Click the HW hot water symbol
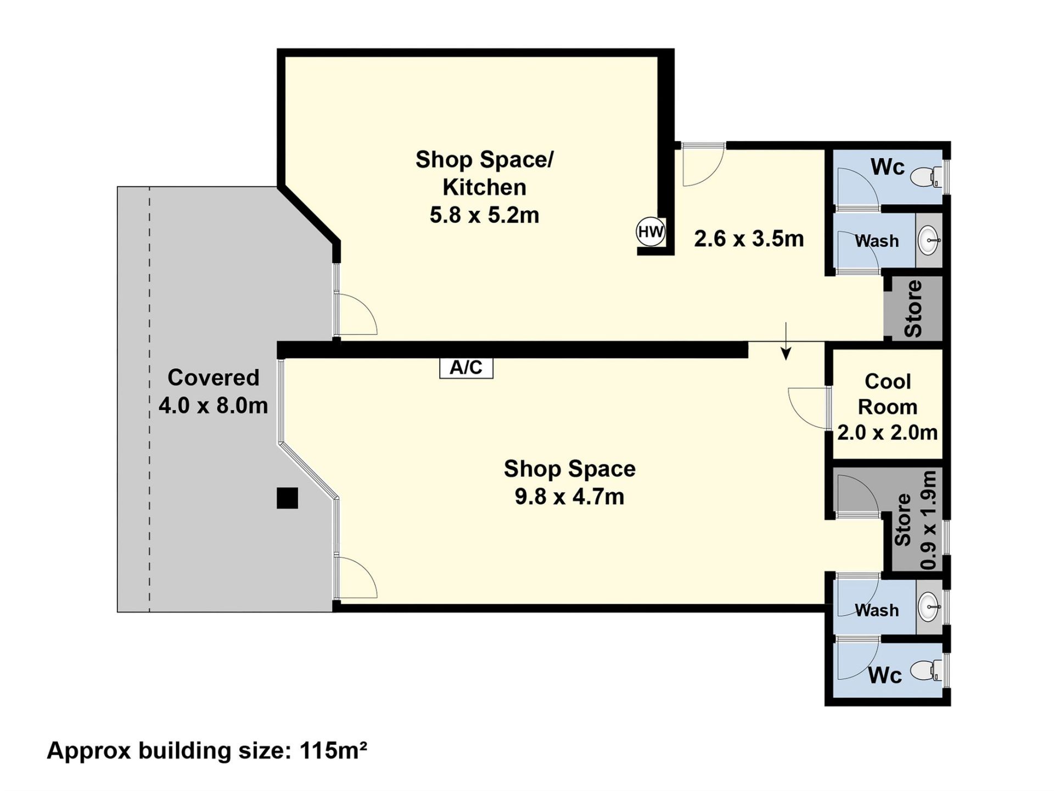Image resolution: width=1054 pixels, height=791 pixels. pyautogui.click(x=651, y=232)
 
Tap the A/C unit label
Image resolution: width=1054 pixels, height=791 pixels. pyautogui.click(x=466, y=367)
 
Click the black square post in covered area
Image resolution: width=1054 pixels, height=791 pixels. pyautogui.click(x=287, y=498)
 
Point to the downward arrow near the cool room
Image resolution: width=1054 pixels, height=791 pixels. pyautogui.click(x=786, y=341)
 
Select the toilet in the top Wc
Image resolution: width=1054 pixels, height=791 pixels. pyautogui.click(x=926, y=176)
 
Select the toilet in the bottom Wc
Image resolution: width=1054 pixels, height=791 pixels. pyautogui.click(x=926, y=671)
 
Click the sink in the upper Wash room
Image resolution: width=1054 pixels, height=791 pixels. pyautogui.click(x=929, y=240)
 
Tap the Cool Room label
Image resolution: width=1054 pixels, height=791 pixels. pyautogui.click(x=888, y=394)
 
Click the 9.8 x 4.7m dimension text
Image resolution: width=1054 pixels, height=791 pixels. pyautogui.click(x=569, y=497)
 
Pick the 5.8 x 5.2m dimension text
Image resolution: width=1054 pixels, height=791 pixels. pyautogui.click(x=484, y=215)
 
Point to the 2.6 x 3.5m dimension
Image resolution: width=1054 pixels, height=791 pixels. pyautogui.click(x=749, y=239)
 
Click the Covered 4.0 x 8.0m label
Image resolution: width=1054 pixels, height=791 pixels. pyautogui.click(x=213, y=391)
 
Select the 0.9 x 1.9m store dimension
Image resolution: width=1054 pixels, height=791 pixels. pyautogui.click(x=928, y=520)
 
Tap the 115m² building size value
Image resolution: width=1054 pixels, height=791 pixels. pyautogui.click(x=333, y=750)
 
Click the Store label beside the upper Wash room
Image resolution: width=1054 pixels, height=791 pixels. pyautogui.click(x=913, y=309)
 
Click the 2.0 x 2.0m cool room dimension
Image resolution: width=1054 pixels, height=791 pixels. pyautogui.click(x=888, y=433)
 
